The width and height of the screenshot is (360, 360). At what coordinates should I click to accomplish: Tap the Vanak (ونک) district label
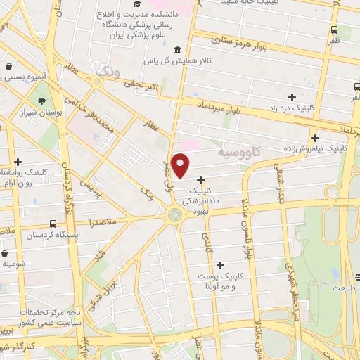(x=107, y=72)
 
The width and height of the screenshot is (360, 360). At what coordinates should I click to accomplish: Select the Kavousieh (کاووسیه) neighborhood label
(x=238, y=151)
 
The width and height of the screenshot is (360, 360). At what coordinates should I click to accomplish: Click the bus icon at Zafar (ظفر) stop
(x=333, y=30)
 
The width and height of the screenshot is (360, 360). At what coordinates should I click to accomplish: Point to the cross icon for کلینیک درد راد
(x=292, y=97)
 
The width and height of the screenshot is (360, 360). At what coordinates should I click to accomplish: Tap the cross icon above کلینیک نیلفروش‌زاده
(x=315, y=139)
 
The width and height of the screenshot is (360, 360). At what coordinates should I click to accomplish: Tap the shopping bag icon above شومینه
(x=6, y=253)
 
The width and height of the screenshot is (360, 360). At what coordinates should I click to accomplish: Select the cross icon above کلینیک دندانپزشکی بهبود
(x=201, y=180)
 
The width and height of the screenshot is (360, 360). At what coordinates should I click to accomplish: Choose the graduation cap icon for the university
(x=136, y=4)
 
